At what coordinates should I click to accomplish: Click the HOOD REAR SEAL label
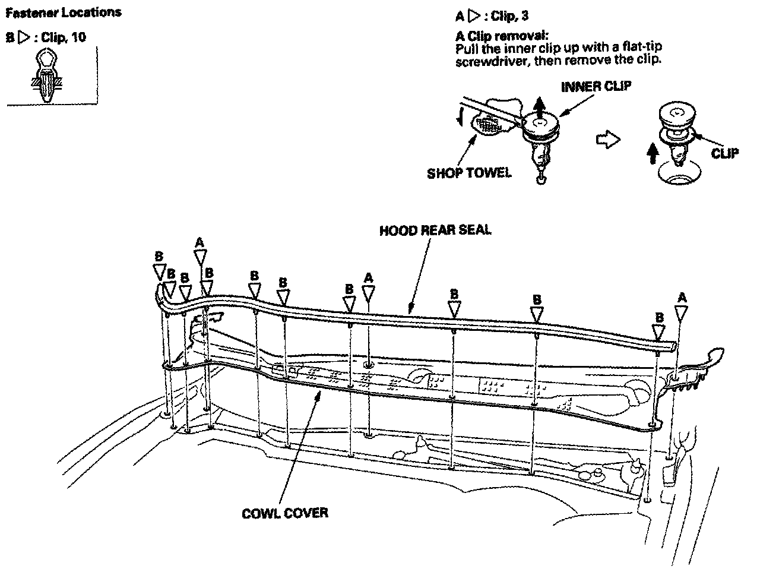tap(435, 230)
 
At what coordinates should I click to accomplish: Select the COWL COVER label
tap(285, 513)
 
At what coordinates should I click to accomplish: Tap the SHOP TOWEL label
tap(468, 173)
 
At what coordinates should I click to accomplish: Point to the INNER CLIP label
tap(596, 86)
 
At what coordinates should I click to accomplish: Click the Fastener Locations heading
tap(63, 12)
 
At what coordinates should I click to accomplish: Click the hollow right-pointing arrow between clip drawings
tap(607, 141)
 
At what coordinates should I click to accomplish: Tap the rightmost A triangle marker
tap(682, 312)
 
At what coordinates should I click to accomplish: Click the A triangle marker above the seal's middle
tap(369, 293)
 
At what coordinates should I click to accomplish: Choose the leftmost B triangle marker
tap(159, 272)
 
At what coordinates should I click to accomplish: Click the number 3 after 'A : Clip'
tap(525, 17)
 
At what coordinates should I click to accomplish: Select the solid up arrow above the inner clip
tap(539, 109)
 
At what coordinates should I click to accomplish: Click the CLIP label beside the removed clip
tap(724, 153)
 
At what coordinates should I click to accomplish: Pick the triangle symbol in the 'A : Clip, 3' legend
tap(474, 17)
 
